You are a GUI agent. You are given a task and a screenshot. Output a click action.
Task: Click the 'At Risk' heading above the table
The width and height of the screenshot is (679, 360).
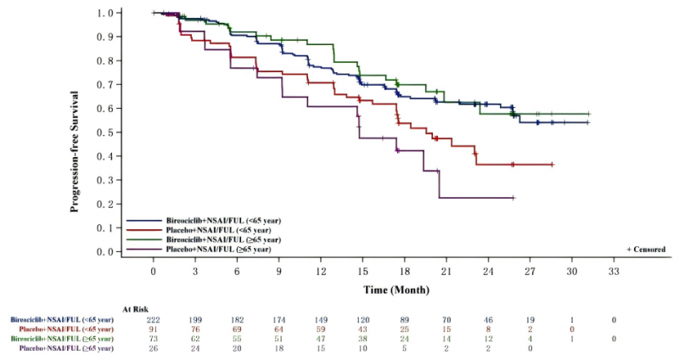pyautogui.click(x=137, y=310)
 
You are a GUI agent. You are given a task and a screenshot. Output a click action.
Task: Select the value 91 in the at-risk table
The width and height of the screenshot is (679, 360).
pyautogui.click(x=154, y=329)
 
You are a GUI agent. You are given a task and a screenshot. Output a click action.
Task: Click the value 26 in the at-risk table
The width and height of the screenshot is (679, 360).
pyautogui.click(x=154, y=348)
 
